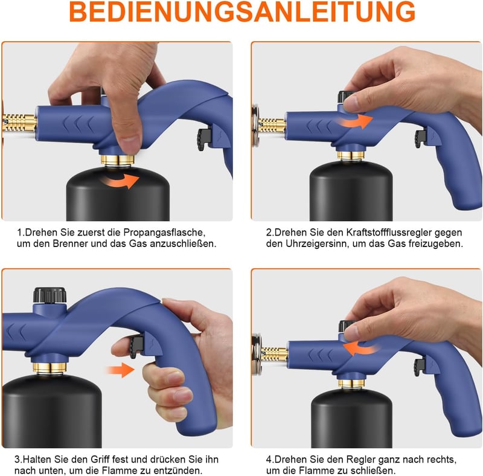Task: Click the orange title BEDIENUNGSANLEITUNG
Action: pyautogui.click(x=242, y=11)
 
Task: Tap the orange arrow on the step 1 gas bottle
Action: pyautogui.click(x=120, y=181)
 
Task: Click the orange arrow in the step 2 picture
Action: pyautogui.click(x=354, y=121)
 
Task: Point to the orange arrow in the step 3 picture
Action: pyautogui.click(x=120, y=370)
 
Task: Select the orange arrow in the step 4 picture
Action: pyautogui.click(x=361, y=349)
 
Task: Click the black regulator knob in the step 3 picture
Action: pyautogui.click(x=50, y=295)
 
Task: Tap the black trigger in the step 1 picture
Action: pyautogui.click(x=203, y=140)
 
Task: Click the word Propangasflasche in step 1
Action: pyautogui.click(x=164, y=232)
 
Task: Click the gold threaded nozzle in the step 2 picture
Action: pyautogui.click(x=272, y=125)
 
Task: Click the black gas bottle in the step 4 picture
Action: pyautogui.click(x=351, y=418)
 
